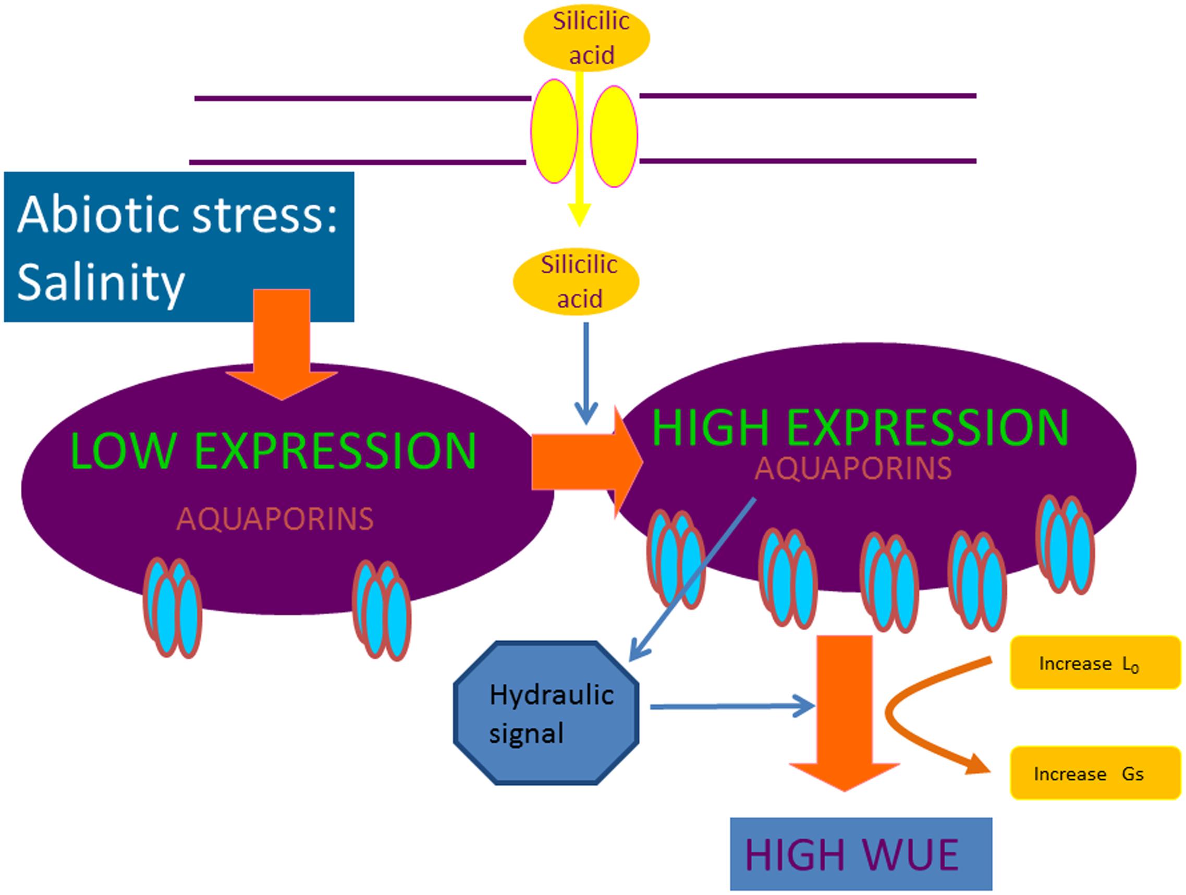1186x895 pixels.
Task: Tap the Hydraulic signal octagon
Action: click(x=546, y=713)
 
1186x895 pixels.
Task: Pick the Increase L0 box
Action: click(x=1095, y=663)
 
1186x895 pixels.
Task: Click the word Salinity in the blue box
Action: click(x=101, y=283)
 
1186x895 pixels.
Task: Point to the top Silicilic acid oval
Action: click(x=586, y=38)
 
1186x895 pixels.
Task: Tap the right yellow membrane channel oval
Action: click(x=615, y=136)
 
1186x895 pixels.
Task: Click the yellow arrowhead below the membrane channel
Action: click(x=580, y=215)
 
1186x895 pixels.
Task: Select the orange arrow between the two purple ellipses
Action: click(x=587, y=462)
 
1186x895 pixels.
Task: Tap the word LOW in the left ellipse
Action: click(x=122, y=450)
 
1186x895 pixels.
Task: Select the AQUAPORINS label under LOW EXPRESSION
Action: click(x=275, y=519)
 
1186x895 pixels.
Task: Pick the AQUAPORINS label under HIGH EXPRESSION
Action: click(x=853, y=468)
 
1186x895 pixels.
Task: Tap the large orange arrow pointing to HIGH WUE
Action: click(x=845, y=713)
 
